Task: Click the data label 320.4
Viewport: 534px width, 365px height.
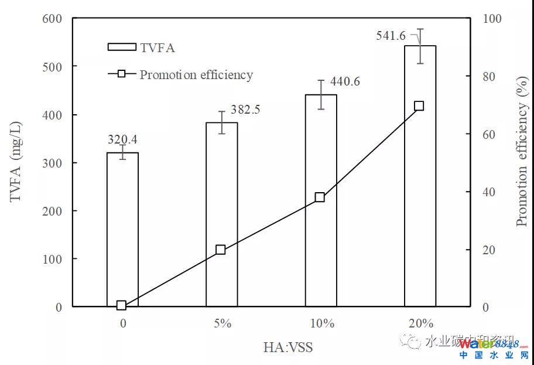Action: (x=122, y=139)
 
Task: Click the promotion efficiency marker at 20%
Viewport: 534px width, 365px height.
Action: (x=419, y=106)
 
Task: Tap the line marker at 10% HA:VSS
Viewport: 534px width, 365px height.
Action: (x=320, y=197)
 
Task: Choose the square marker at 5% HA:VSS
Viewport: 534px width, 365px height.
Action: (x=221, y=250)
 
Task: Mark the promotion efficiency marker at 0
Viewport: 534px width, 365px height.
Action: (x=121, y=305)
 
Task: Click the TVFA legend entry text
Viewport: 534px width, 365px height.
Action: (x=158, y=48)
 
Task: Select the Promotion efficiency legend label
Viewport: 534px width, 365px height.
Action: (x=196, y=75)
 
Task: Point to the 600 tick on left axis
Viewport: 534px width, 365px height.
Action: (x=52, y=18)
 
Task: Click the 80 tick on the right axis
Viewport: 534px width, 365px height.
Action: (x=488, y=76)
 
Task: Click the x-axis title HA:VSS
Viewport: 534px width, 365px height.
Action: (x=287, y=347)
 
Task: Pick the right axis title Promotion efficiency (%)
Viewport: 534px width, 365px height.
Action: (x=521, y=162)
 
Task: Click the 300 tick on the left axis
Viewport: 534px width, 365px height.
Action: (x=52, y=162)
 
